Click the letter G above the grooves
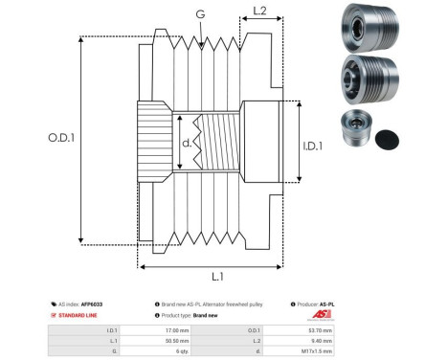click(x=199, y=13)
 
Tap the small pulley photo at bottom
click(x=356, y=128)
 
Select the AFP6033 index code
click(x=93, y=303)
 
